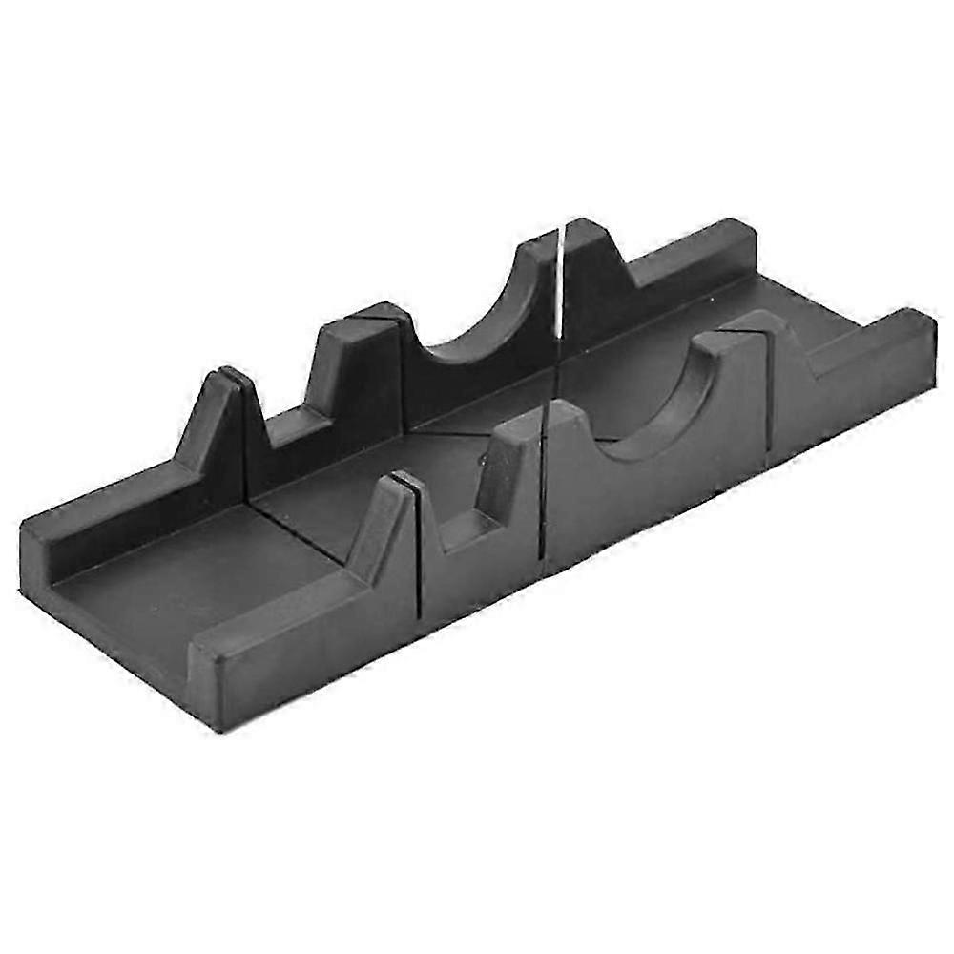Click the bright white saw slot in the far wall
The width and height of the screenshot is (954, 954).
pos(558,277)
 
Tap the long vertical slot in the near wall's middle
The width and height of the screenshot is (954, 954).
pos(541,496)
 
